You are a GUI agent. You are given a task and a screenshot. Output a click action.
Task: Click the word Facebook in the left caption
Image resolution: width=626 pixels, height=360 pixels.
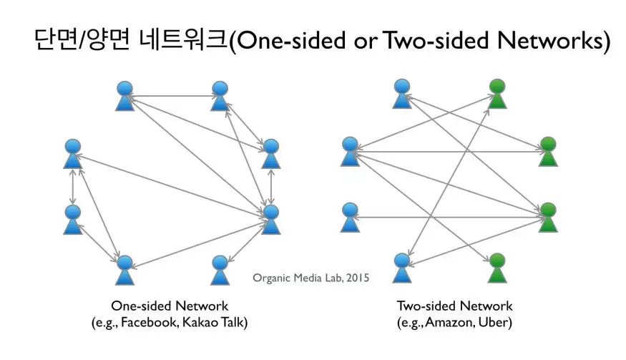146,322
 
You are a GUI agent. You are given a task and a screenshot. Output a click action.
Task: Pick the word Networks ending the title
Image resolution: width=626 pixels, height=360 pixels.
554,40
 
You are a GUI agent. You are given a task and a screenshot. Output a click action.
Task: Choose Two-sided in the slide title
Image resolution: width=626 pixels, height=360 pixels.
434,40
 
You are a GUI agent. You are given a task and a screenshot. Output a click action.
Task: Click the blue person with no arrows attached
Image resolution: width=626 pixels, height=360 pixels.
220,270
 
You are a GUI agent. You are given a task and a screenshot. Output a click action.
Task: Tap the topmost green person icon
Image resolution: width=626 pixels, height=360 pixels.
497,95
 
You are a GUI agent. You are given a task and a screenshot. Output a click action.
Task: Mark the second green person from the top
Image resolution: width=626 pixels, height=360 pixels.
548,151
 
